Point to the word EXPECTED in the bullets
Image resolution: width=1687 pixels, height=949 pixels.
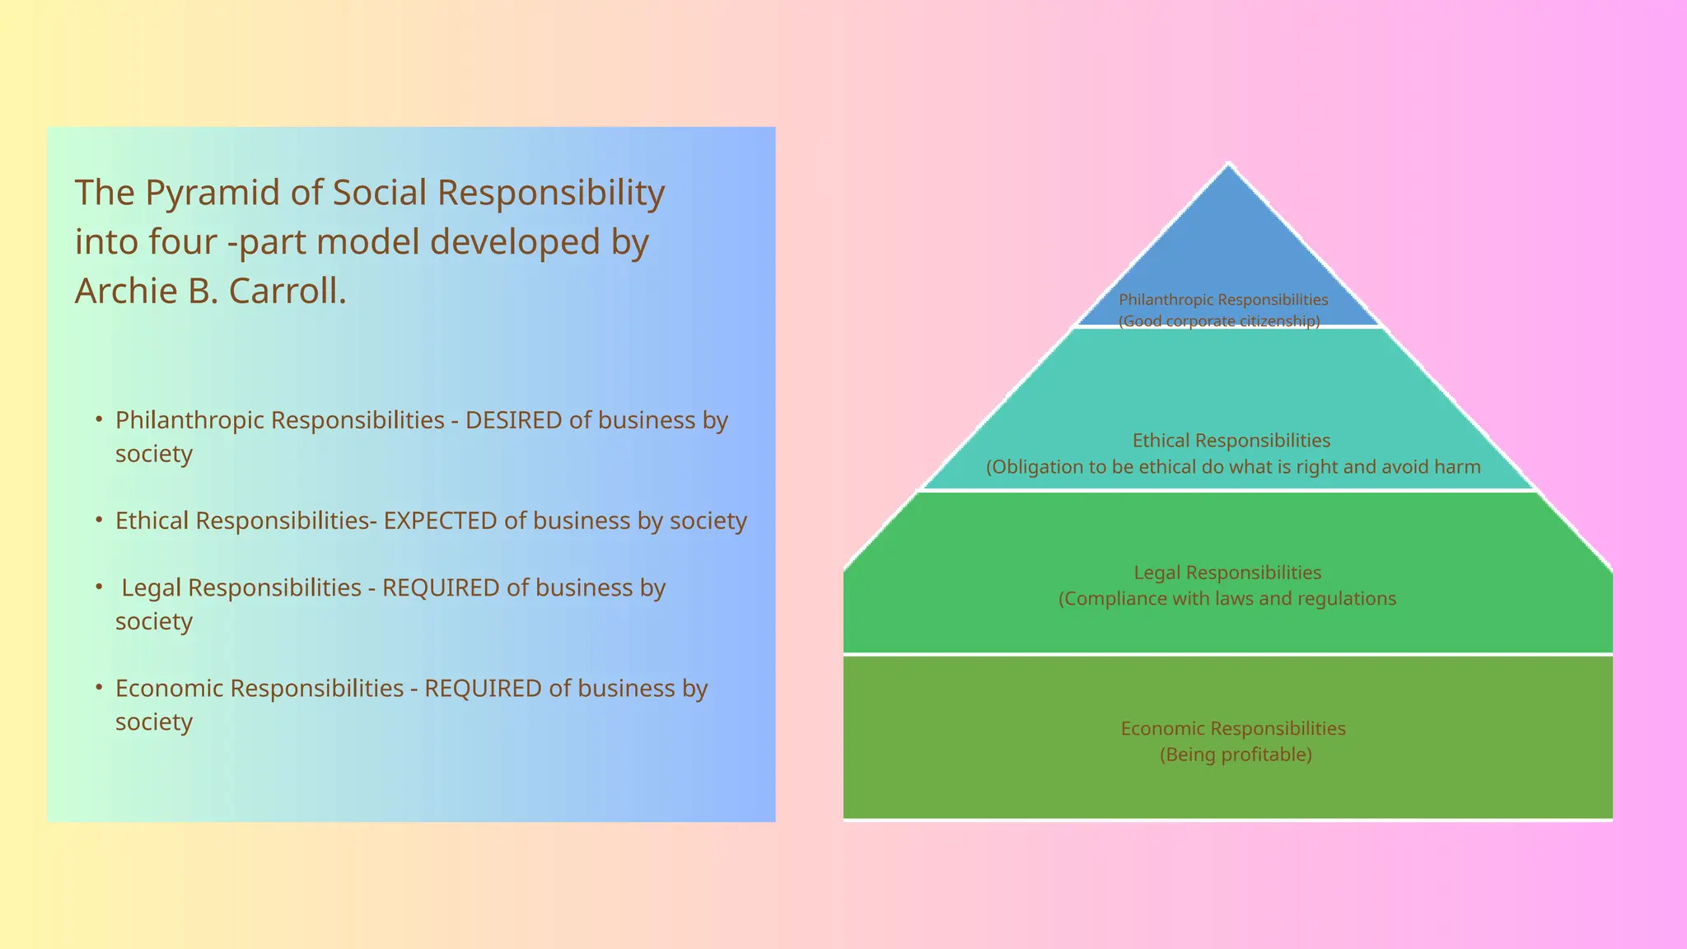pos(441,521)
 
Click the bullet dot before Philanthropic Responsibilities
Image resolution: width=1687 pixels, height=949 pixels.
pos(99,419)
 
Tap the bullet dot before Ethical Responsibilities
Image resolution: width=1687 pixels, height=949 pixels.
pos(99,520)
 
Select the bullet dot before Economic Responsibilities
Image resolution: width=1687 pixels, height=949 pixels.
pos(99,687)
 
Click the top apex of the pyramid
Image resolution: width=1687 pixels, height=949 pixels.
pos(1228,166)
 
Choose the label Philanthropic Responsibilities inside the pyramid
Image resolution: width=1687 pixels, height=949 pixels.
pos(1223,300)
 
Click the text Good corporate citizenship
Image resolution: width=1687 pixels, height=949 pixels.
pos(1219,321)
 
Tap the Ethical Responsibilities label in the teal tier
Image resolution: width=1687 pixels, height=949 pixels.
pos(1231,441)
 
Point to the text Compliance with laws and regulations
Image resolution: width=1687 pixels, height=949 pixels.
pos(1227,599)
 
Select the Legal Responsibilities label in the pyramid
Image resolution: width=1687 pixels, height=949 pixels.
pos(1227,573)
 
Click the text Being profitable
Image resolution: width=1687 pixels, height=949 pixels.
pos(1236,755)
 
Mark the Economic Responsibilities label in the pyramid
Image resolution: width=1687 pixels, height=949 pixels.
pos(1233,728)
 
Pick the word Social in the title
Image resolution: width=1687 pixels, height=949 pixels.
pos(379,194)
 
